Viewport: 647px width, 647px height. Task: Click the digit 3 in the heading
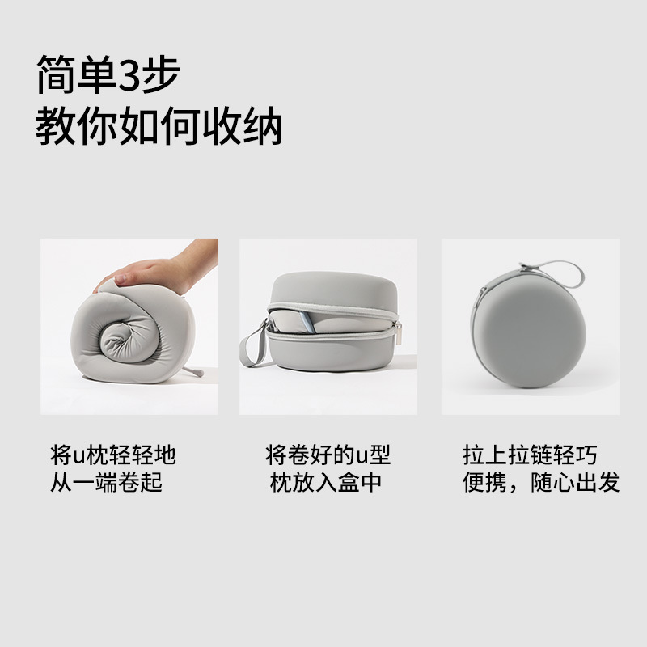133,77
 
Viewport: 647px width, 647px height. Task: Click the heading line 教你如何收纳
159,127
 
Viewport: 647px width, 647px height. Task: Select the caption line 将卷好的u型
328,455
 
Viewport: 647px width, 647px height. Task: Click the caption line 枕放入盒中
326,483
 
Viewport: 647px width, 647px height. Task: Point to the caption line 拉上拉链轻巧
530,455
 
